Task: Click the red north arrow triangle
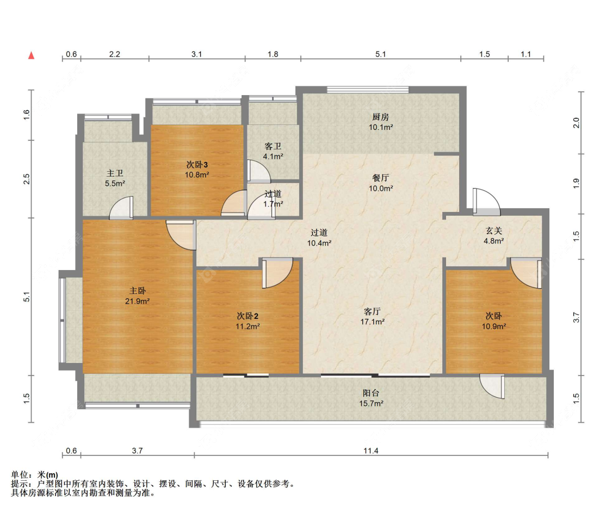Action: pyautogui.click(x=31, y=55)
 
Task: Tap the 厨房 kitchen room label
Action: pyautogui.click(x=381, y=117)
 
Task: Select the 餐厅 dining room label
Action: pyautogui.click(x=381, y=178)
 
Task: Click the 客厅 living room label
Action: pyautogui.click(x=372, y=311)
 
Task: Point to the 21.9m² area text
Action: pyautogui.click(x=138, y=301)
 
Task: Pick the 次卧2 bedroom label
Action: pyautogui.click(x=248, y=316)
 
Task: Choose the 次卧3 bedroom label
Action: pyautogui.click(x=197, y=165)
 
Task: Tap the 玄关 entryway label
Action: pyautogui.click(x=494, y=231)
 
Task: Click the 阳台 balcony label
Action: pyautogui.click(x=371, y=393)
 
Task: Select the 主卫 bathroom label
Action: pyautogui.click(x=115, y=173)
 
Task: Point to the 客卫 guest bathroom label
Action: pyautogui.click(x=273, y=146)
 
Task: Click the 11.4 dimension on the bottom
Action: pyautogui.click(x=371, y=451)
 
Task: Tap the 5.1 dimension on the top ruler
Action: pyautogui.click(x=381, y=54)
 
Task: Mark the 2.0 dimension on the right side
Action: pyautogui.click(x=576, y=123)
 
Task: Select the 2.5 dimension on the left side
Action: pyautogui.click(x=26, y=179)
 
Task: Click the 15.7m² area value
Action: pyautogui.click(x=371, y=404)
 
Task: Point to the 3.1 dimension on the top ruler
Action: pyautogui.click(x=197, y=54)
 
